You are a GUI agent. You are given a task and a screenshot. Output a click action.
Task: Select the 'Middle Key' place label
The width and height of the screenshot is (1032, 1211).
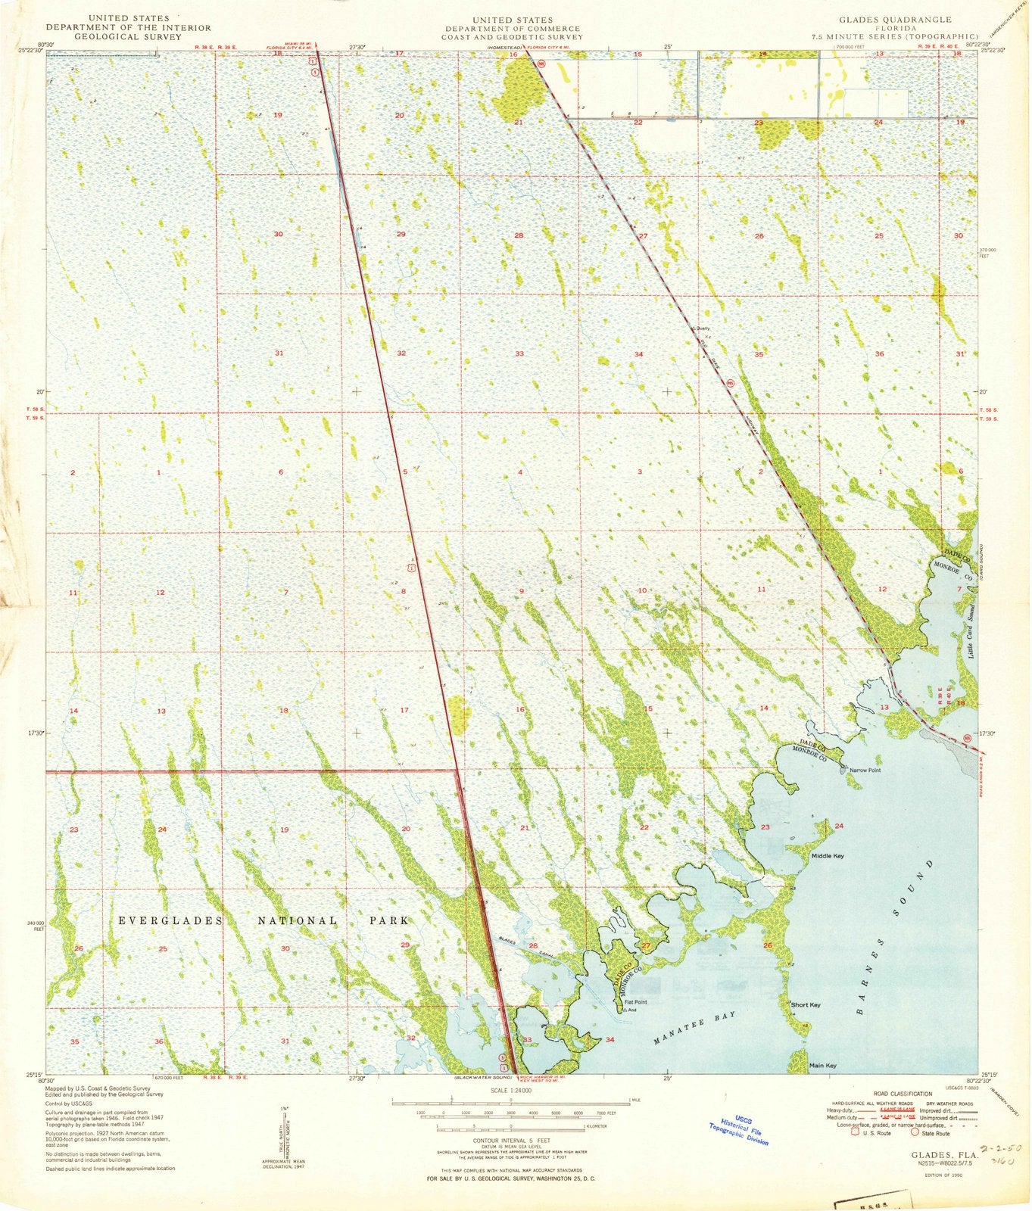(827, 856)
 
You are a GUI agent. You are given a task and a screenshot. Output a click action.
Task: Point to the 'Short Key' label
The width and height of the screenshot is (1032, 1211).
(806, 1005)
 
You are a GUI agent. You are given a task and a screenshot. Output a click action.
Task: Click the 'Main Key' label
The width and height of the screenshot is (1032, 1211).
(822, 1066)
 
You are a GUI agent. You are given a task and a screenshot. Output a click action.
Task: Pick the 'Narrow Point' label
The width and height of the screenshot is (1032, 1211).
(865, 770)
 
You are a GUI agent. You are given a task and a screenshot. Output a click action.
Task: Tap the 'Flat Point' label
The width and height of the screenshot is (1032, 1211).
(635, 1001)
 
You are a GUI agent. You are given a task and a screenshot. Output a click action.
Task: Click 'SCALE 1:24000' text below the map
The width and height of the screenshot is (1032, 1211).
(512, 1091)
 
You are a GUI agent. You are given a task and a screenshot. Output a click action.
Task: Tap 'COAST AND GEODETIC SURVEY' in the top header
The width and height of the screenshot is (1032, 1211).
(512, 36)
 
